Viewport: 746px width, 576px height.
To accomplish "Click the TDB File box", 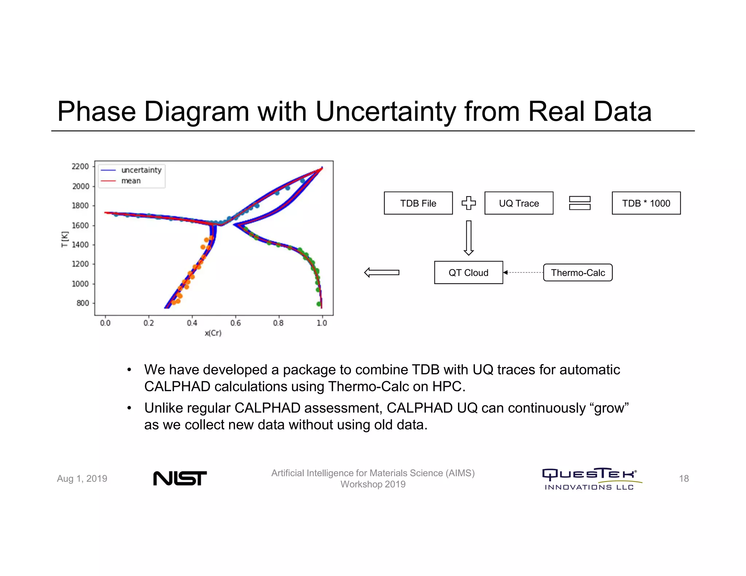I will [x=418, y=203].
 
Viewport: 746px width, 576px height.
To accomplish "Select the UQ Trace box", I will [x=519, y=203].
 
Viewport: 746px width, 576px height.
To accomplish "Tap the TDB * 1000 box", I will [x=646, y=203].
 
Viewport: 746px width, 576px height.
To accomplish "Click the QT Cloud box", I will [x=468, y=272].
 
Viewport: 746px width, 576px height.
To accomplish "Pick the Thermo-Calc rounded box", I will [x=578, y=272].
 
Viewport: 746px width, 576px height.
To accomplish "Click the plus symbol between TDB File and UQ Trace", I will [x=469, y=203].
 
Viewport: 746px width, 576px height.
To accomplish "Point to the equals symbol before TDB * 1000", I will [x=580, y=203].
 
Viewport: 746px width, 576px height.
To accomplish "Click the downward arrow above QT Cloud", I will [x=469, y=238].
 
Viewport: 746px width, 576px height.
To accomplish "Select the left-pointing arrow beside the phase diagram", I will [x=382, y=272].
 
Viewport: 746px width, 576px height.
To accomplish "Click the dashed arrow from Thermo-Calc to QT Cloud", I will [x=523, y=272].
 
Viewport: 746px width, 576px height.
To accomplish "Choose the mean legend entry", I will [x=131, y=181].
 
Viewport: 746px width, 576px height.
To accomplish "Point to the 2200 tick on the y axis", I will [x=80, y=166].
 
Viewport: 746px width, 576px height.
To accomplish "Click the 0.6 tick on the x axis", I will [x=235, y=323].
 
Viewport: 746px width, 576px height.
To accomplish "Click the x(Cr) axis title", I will [x=213, y=333].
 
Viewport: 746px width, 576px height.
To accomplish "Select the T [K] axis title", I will [x=64, y=239].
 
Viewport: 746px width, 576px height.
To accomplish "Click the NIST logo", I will [x=180, y=478].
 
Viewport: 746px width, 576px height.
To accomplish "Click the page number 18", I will [x=684, y=478].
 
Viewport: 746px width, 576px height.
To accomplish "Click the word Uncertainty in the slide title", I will [x=385, y=111].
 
